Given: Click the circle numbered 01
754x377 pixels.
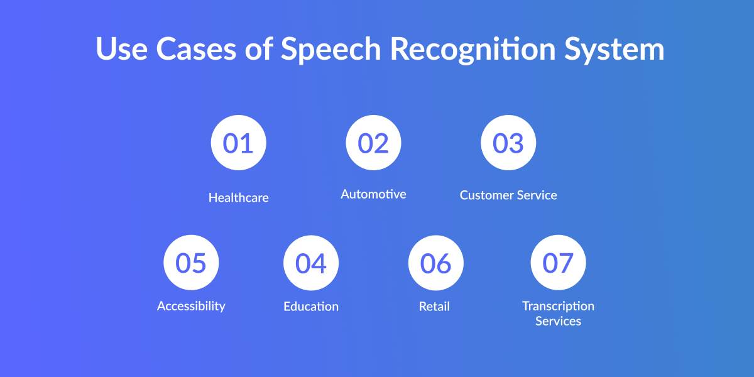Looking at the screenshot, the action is tap(238, 143).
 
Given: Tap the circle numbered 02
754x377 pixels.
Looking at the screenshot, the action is tap(373, 143).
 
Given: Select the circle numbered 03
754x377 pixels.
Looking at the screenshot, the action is tap(508, 143).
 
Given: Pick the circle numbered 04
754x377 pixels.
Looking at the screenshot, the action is tap(311, 263).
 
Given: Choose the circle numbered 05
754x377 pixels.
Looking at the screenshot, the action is tap(191, 263).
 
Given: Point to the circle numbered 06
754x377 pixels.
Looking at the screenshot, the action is tap(436, 263).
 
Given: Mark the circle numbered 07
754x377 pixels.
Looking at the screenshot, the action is tap(558, 263).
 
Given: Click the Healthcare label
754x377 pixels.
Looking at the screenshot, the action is tap(239, 197).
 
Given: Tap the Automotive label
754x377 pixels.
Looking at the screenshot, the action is tap(373, 194).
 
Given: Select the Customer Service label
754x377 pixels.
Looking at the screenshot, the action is tap(508, 195).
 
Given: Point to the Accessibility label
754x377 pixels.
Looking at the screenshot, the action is tap(191, 307).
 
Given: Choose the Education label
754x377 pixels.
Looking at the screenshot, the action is tap(311, 307).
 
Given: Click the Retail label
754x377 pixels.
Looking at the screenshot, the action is tap(434, 307).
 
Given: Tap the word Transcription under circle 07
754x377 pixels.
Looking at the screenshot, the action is tap(558, 307).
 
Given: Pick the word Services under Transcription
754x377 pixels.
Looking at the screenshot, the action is tap(558, 321).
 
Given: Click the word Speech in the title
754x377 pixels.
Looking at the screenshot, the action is tap(331, 50).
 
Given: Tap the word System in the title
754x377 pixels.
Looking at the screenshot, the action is tap(615, 50).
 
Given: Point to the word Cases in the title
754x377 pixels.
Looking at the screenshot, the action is tap(196, 49).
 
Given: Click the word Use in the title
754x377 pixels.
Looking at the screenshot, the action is tap(122, 49).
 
